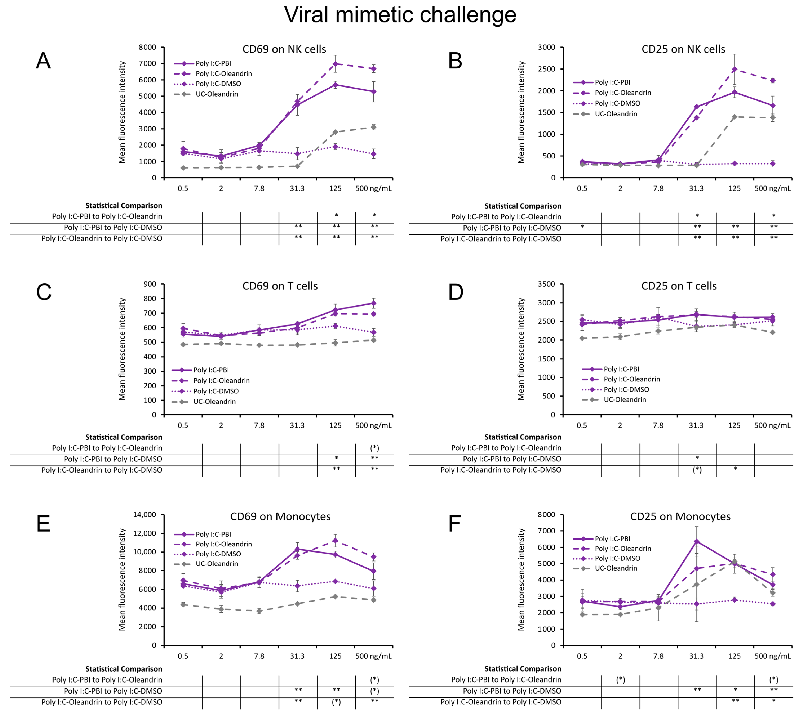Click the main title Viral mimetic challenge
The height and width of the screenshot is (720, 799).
tap(400, 15)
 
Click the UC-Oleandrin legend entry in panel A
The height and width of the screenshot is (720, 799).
tap(216, 94)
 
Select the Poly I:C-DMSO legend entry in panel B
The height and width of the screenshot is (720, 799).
tap(617, 103)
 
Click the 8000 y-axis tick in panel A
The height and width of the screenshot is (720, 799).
tap(147, 47)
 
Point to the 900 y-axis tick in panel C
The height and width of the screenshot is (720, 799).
tap(150, 284)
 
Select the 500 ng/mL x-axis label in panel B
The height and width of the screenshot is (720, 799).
tap(772, 188)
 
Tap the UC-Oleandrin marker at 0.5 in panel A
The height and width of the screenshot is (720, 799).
tap(183, 168)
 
